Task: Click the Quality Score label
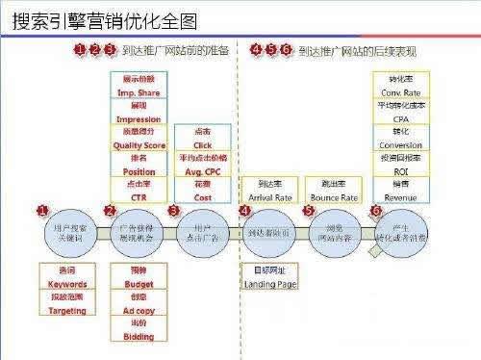point(139,145)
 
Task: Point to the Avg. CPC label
point(202,170)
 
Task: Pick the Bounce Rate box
point(329,190)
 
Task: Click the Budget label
point(139,284)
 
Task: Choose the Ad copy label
point(139,310)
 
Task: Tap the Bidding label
point(139,336)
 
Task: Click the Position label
point(139,171)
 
